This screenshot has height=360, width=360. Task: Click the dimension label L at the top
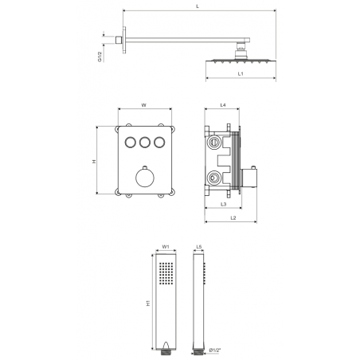198,6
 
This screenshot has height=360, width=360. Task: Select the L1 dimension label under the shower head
241,74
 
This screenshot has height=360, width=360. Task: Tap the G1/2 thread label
100,57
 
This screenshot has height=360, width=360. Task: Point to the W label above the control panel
143,105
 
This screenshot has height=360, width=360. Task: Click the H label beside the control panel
94,161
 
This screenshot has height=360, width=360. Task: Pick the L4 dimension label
223,105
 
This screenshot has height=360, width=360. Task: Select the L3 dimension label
223,204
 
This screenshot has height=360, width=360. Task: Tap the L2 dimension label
233,218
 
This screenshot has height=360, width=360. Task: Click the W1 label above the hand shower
166,247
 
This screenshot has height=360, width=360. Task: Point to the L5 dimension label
199,247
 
